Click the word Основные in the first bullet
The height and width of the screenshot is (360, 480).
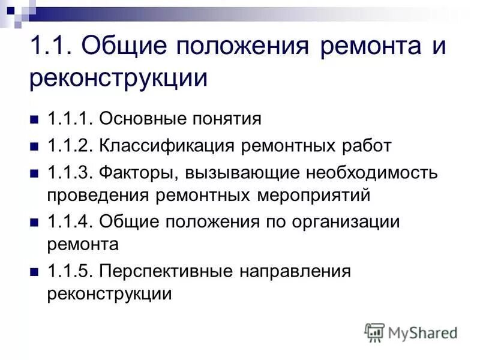click(x=141, y=118)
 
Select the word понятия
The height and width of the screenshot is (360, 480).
click(x=227, y=119)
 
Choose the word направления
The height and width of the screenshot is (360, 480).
click(x=295, y=272)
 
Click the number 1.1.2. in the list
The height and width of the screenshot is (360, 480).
click(x=69, y=146)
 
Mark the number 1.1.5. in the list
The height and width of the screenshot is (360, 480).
click(x=69, y=272)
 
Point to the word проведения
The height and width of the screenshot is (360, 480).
click(x=98, y=195)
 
